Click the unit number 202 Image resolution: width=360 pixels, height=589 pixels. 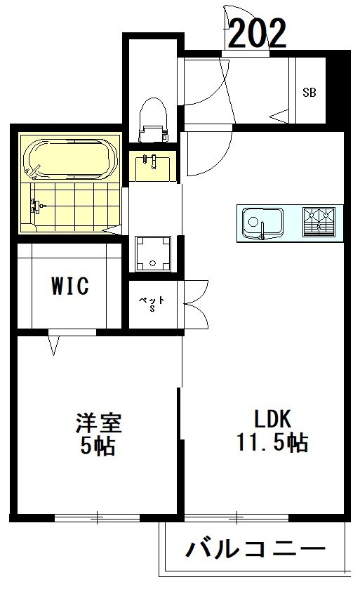click(258, 32)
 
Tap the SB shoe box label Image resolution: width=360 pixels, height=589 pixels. click(309, 92)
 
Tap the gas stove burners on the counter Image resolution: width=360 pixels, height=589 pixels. click(320, 222)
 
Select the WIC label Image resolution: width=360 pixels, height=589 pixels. click(69, 286)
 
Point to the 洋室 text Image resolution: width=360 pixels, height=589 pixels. click(99, 423)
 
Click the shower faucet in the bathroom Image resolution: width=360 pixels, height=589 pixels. click(36, 206)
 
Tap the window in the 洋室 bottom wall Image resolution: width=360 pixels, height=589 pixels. click(98, 519)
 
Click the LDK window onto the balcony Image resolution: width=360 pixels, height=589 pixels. click(237, 519)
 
